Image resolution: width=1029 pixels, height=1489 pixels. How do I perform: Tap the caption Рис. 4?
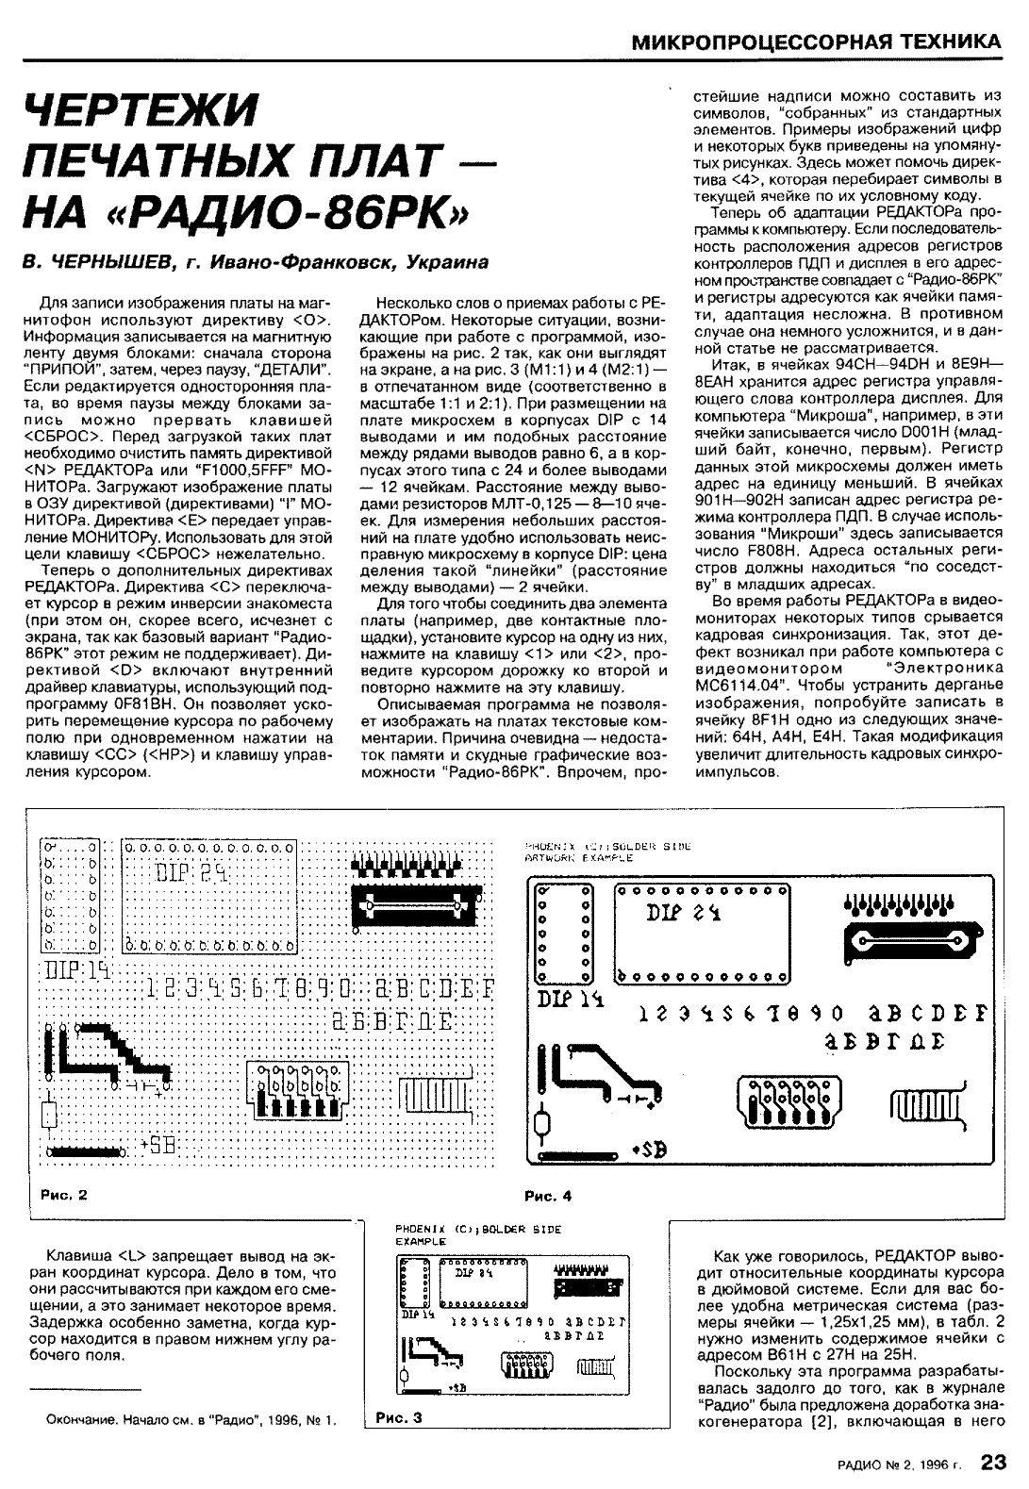(548, 1196)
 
